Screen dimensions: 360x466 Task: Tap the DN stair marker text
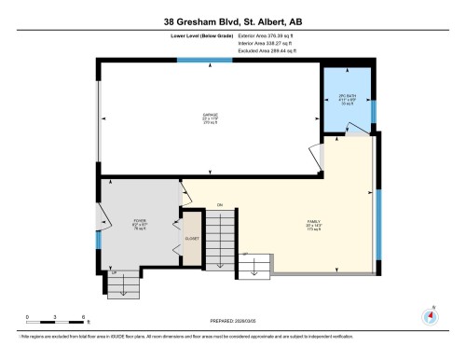(220, 205)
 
